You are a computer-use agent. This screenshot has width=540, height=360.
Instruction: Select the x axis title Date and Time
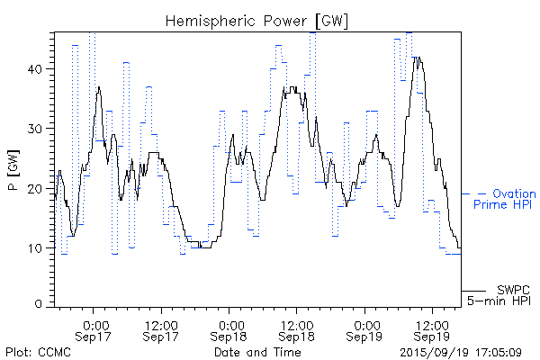(x=256, y=352)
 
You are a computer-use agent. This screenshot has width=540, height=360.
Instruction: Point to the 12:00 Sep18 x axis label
(x=297, y=329)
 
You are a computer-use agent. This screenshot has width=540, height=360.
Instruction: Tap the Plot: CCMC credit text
(x=34, y=352)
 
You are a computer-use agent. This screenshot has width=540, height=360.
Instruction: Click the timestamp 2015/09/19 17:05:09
(x=461, y=352)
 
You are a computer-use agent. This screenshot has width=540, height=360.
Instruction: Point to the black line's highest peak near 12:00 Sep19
(x=417, y=58)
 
